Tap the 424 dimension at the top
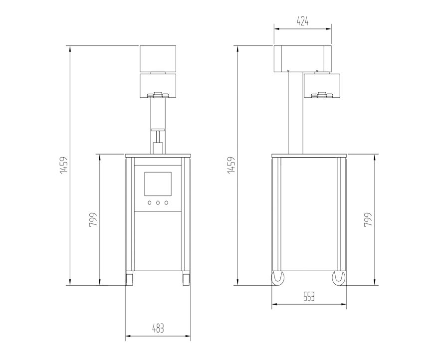[x=303, y=21]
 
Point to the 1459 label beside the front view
[x=63, y=166]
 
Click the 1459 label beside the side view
[x=230, y=166]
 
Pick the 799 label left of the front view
[x=93, y=220]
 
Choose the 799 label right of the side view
[x=368, y=220]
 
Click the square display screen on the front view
[x=158, y=184]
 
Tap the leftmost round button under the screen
[x=149, y=202]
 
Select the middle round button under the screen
[x=158, y=202]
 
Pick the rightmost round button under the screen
[x=166, y=202]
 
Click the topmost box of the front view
[x=158, y=58]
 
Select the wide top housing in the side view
[x=302, y=58]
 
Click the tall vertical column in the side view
[x=295, y=112]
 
